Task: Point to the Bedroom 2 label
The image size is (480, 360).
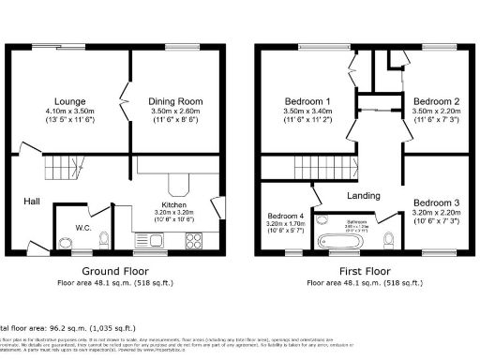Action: [x=435, y=100]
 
